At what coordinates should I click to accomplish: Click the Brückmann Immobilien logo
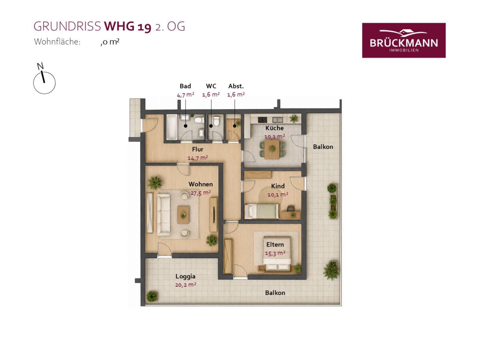point(404,40)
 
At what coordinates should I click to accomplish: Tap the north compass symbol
point(44,79)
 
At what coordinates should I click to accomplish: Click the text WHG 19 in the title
point(128,27)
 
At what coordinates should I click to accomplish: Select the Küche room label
point(274,128)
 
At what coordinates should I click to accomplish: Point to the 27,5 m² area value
point(200,193)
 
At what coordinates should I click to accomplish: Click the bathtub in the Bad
point(172,128)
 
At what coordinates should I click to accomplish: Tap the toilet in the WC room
point(216,121)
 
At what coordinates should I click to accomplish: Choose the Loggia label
point(186,276)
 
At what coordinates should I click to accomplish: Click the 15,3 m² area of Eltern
point(275,253)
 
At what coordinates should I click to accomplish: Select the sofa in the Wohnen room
point(163,215)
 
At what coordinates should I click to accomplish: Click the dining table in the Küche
point(272,149)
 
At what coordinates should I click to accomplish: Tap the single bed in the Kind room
point(262,211)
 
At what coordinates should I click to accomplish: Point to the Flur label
point(198,149)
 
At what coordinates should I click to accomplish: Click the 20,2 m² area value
point(186,285)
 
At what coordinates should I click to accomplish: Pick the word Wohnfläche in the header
point(57,42)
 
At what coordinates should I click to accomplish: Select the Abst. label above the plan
point(236,86)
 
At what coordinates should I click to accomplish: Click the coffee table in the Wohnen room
point(183,215)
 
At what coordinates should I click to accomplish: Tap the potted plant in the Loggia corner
point(152,297)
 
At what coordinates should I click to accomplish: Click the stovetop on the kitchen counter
point(262,120)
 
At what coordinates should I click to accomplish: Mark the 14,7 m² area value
point(198,158)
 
